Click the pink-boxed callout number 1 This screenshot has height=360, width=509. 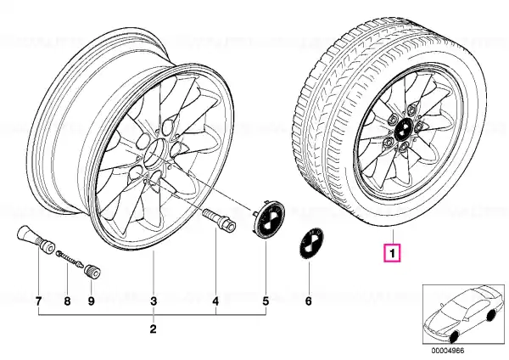[393, 253]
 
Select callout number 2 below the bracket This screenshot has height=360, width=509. [154, 329]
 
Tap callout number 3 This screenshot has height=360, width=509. [154, 301]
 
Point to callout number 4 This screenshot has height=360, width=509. [215, 301]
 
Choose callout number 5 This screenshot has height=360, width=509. [266, 301]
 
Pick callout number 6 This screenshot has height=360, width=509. [309, 301]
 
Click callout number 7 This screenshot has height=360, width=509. [38, 301]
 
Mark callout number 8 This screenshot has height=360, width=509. [67, 301]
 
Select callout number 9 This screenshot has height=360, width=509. [92, 301]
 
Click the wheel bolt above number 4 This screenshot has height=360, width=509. [219, 220]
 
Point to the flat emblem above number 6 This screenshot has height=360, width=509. [310, 244]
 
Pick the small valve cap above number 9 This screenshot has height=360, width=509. [92, 272]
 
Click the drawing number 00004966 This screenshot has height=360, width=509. [448, 351]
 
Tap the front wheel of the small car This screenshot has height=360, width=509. [455, 337]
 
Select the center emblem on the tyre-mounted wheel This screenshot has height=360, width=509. [401, 130]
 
